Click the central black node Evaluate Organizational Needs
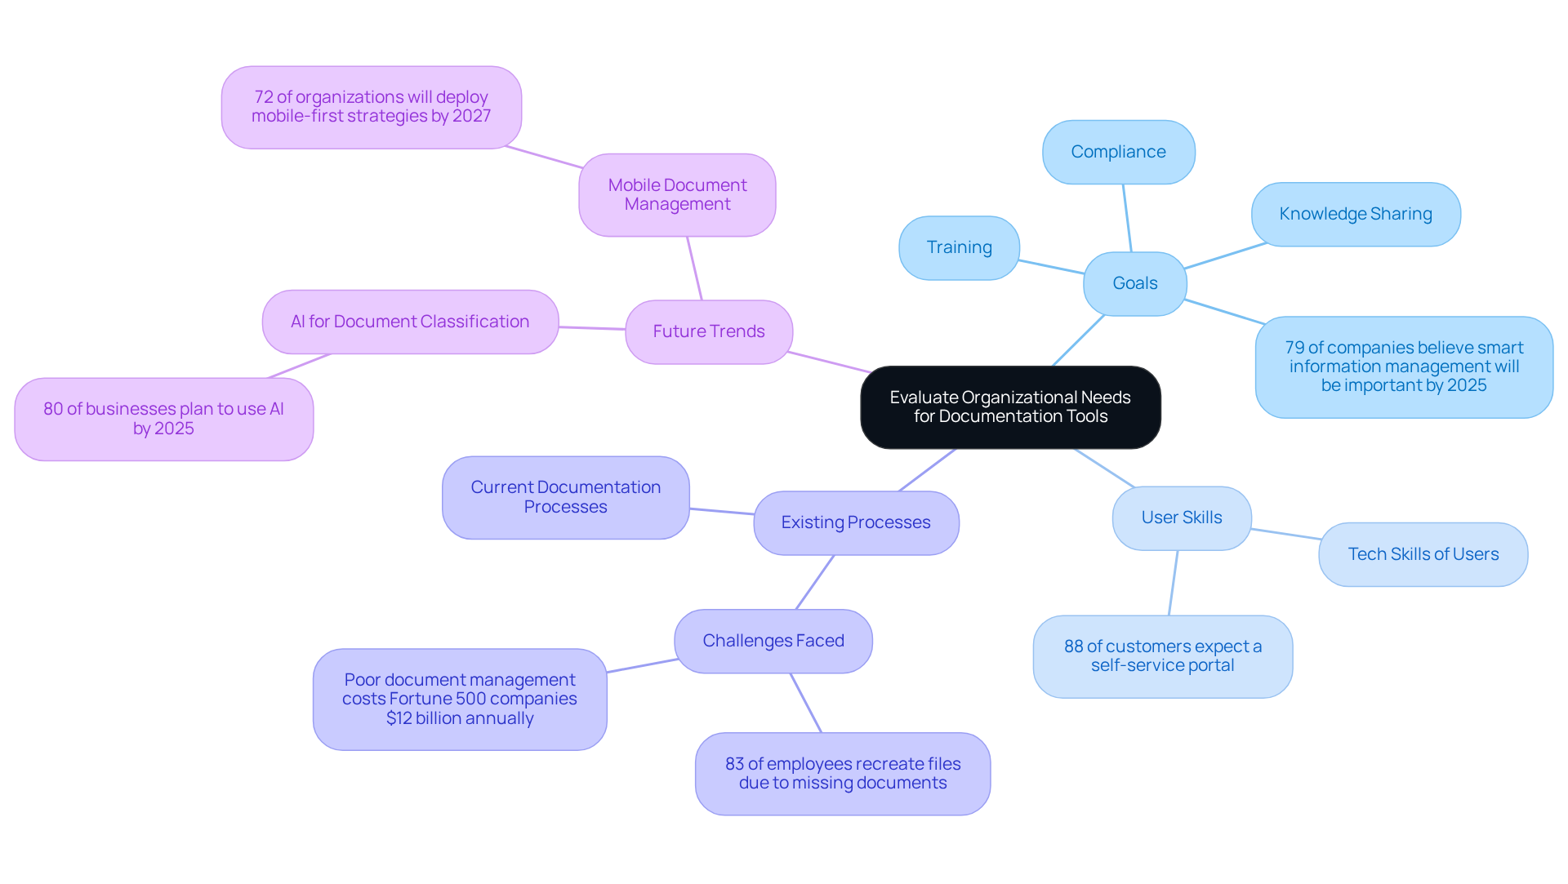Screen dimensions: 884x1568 (x=1010, y=407)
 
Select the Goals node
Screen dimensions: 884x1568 (x=1134, y=283)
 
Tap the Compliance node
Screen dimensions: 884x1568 (x=1118, y=152)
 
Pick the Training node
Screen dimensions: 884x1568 (x=959, y=247)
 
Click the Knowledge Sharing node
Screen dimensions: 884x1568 (x=1355, y=214)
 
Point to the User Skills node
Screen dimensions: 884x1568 (x=1181, y=518)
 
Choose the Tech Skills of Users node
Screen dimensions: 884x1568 (x=1423, y=554)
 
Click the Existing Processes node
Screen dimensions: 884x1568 (x=855, y=522)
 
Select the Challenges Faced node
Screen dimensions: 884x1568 (x=773, y=641)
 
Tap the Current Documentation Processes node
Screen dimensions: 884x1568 (x=565, y=497)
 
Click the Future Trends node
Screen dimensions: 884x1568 (x=708, y=331)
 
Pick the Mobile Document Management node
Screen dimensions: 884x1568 (x=677, y=195)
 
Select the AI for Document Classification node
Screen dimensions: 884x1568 (x=410, y=322)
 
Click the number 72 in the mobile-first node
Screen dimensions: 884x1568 (x=263, y=97)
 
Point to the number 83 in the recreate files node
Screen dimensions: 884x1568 (x=734, y=764)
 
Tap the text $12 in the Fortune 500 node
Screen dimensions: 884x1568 (x=399, y=718)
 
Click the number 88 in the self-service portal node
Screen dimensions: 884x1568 (x=1073, y=646)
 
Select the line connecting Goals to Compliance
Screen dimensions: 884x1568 (x=1127, y=218)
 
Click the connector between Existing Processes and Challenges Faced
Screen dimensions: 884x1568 (x=815, y=582)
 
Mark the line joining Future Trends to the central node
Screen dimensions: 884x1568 (x=829, y=362)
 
